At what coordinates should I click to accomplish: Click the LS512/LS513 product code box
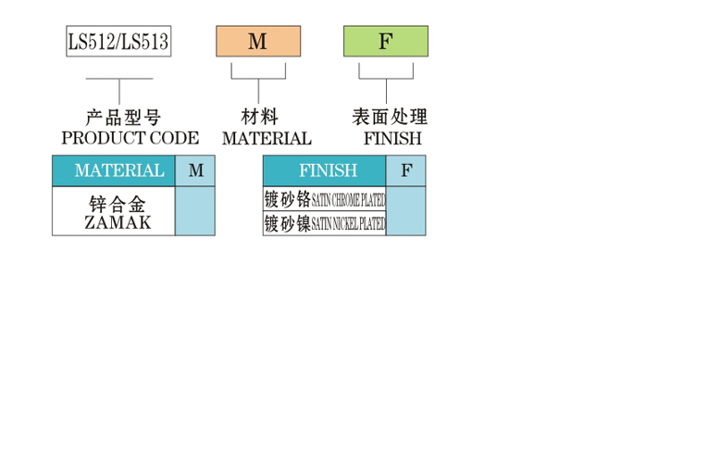(x=118, y=42)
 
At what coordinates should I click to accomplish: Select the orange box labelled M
(x=258, y=42)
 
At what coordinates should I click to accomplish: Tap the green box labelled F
(x=386, y=42)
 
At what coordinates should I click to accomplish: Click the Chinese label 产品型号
(x=123, y=118)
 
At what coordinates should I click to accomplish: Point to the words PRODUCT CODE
(x=130, y=138)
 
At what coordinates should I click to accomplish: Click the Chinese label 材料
(x=259, y=117)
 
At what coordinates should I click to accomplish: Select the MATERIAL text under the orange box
(x=267, y=138)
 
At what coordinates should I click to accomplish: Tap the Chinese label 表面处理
(x=390, y=117)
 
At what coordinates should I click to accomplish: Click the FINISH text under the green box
(x=392, y=138)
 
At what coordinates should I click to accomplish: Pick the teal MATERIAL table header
(x=114, y=171)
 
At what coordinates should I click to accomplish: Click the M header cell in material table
(x=195, y=171)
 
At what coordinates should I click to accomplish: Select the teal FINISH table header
(x=324, y=171)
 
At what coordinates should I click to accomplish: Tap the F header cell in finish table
(x=406, y=171)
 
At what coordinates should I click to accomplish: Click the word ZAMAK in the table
(x=118, y=223)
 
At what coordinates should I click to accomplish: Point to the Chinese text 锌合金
(x=118, y=204)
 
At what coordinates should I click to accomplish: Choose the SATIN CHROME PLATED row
(x=324, y=199)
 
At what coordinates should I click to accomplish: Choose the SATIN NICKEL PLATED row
(x=324, y=224)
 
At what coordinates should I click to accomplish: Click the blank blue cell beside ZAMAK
(x=195, y=211)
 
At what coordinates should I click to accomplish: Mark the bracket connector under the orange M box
(x=258, y=79)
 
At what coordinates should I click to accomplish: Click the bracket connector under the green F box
(x=386, y=79)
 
